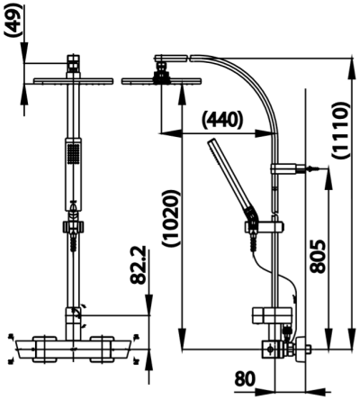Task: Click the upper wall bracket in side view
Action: pyautogui.click(x=286, y=167)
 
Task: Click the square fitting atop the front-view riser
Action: pyautogui.click(x=73, y=65)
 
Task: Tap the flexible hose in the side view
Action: pyautogui.click(x=270, y=270)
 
